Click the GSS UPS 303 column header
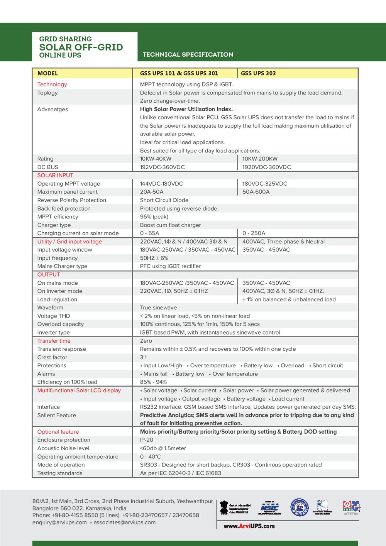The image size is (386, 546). pyautogui.click(x=258, y=73)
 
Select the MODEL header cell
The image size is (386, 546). pyautogui.click(x=47, y=73)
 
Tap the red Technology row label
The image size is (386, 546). pyautogui.click(x=52, y=85)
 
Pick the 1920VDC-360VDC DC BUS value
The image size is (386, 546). pyautogui.click(x=266, y=167)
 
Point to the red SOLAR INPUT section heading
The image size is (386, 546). pyautogui.click(x=55, y=175)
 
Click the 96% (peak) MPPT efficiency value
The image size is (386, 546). pyautogui.click(x=154, y=217)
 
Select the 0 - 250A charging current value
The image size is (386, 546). pyautogui.click(x=254, y=233)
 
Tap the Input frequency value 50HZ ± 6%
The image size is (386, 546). pyautogui.click(x=154, y=258)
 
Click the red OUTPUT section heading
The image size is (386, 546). pyautogui.click(x=49, y=275)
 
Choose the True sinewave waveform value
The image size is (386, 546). pyautogui.click(x=158, y=308)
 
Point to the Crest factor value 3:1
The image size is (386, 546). pyautogui.click(x=143, y=357)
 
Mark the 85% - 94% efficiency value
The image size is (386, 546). pyautogui.click(x=153, y=382)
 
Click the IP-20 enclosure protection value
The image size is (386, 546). pyautogui.click(x=146, y=440)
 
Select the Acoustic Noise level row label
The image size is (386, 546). pyautogui.click(x=63, y=448)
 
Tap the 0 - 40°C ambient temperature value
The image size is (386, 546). pyautogui.click(x=150, y=456)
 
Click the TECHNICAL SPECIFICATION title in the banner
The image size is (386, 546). pyautogui.click(x=188, y=54)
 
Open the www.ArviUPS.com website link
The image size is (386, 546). pyautogui.click(x=249, y=526)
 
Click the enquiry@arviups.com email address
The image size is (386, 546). pyautogui.click(x=59, y=522)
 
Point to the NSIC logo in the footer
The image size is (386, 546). pyautogui.click(x=269, y=507)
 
